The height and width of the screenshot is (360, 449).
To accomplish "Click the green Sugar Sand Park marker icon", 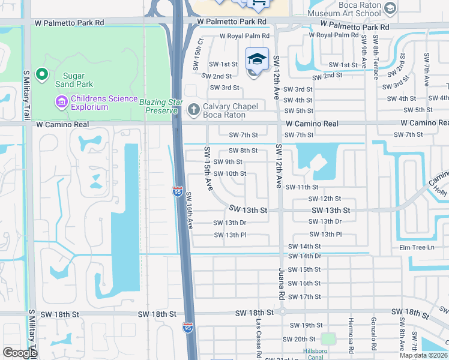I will [41, 75].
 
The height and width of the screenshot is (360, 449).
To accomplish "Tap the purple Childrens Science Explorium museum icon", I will [61, 102].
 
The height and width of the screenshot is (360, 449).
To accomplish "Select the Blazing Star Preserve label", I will [159, 106].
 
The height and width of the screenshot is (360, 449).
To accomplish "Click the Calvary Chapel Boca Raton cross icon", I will [193, 109].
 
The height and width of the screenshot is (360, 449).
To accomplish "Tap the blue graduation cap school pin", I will [257, 59].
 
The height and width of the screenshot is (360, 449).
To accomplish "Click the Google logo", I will [20, 353].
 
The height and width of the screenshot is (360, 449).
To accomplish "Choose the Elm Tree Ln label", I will [417, 248].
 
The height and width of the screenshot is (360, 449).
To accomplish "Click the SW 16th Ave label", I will [189, 210].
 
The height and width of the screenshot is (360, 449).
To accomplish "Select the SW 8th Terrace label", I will [375, 57].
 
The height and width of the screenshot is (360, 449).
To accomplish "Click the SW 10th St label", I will [230, 174].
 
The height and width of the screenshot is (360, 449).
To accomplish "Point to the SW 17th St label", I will [304, 297].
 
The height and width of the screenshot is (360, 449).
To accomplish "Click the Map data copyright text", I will [424, 355].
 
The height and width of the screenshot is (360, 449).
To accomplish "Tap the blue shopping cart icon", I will [259, 4].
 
